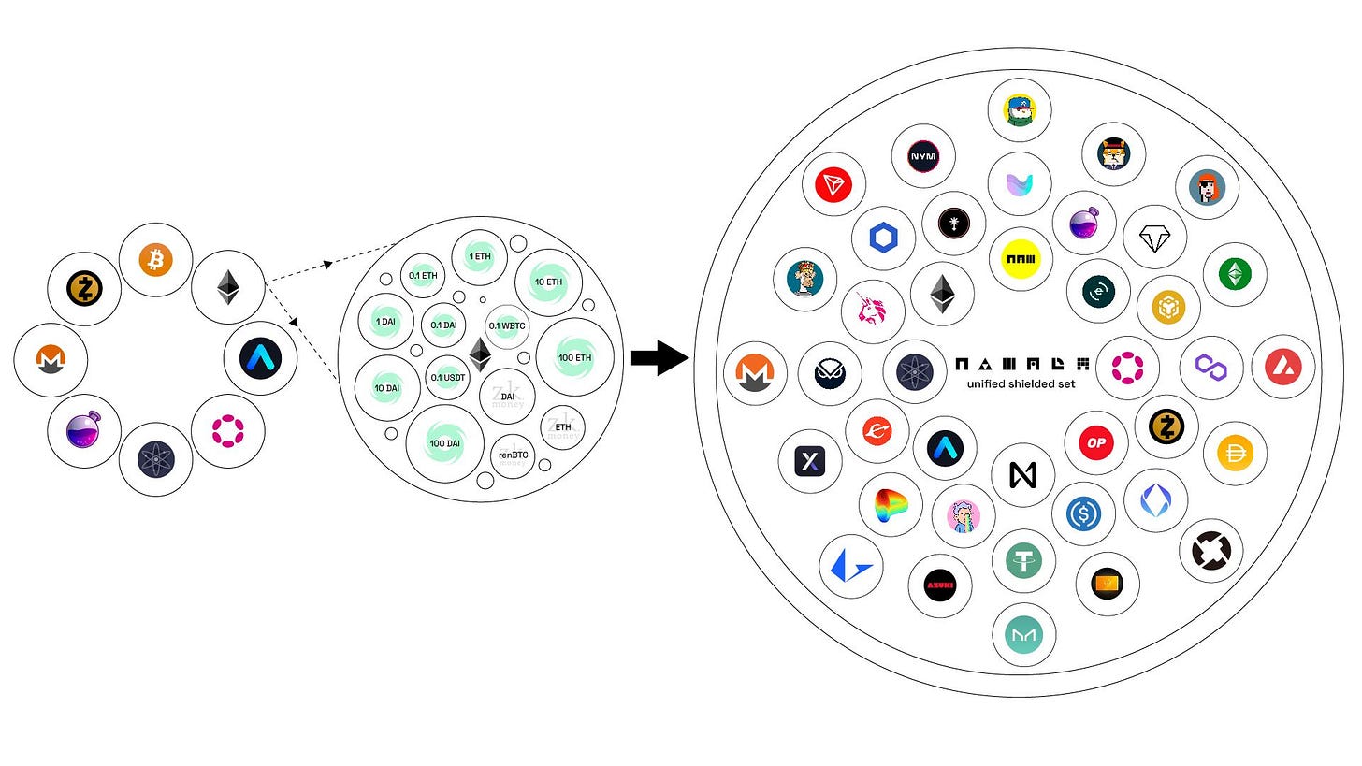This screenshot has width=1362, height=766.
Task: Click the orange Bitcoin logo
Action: pyautogui.click(x=156, y=260)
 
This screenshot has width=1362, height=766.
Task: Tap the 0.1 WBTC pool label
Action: pyautogui.click(x=507, y=325)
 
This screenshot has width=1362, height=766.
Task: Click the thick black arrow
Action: pyautogui.click(x=659, y=358)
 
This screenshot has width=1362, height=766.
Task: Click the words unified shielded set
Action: pyautogui.click(x=1021, y=383)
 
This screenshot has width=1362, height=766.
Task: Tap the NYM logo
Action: pyautogui.click(x=923, y=156)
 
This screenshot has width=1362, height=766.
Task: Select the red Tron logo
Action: pyautogui.click(x=833, y=184)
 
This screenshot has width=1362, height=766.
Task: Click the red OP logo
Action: pyautogui.click(x=1096, y=442)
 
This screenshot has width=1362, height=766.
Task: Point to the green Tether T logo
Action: pyautogui.click(x=1023, y=561)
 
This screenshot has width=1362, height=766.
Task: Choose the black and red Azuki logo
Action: pyautogui.click(x=939, y=585)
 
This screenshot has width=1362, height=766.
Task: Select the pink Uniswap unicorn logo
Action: pyautogui.click(x=873, y=313)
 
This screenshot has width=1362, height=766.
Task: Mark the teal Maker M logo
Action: pyautogui.click(x=1023, y=635)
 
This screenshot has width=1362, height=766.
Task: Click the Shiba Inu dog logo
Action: pyautogui.click(x=1113, y=152)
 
